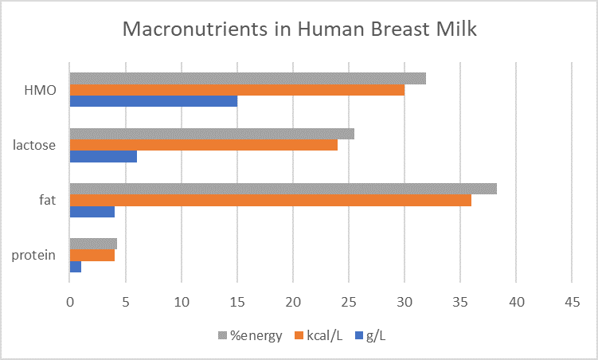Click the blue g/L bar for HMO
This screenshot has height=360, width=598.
click(x=154, y=101)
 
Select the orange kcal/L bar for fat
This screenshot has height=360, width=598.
click(x=271, y=200)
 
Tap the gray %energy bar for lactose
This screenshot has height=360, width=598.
click(x=212, y=134)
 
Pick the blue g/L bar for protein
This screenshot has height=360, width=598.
click(x=76, y=267)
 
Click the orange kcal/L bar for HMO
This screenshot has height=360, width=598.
click(x=237, y=90)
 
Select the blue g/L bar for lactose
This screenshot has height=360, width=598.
click(x=104, y=156)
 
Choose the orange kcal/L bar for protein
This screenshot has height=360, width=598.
click(x=92, y=256)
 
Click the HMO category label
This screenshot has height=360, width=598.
click(x=41, y=90)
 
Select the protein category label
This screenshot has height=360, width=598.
click(x=34, y=256)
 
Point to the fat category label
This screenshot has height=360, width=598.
click(x=48, y=200)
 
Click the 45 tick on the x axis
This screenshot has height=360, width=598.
click(x=572, y=303)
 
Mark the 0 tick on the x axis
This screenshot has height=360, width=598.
click(x=70, y=303)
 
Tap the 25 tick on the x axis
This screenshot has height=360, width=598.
click(x=349, y=303)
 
